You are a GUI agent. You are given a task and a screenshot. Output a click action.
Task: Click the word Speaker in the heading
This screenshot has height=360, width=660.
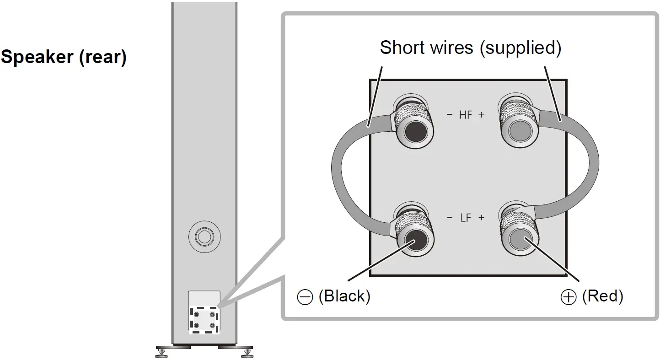coord(37,58)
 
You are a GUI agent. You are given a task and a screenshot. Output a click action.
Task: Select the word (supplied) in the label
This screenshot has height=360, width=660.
coord(520,47)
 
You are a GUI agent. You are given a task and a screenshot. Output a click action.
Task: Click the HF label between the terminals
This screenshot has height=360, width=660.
coord(465,115)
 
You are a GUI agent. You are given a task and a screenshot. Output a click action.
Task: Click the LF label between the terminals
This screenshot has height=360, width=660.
coord(465,218)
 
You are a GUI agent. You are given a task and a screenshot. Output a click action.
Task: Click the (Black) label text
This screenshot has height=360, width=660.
coord(344,296)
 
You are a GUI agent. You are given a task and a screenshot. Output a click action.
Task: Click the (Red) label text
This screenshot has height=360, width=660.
coord(602,296)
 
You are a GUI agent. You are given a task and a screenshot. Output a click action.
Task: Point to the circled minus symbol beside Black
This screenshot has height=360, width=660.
coord(304,298)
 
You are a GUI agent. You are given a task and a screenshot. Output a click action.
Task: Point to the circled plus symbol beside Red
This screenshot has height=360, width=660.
coord(568,298)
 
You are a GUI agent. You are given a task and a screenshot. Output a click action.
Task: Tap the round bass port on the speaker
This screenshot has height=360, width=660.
coord(204,236)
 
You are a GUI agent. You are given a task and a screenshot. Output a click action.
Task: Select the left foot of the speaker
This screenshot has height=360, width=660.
coord(162,352)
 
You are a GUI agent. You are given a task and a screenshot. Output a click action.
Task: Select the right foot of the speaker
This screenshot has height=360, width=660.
coord(247,352)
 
